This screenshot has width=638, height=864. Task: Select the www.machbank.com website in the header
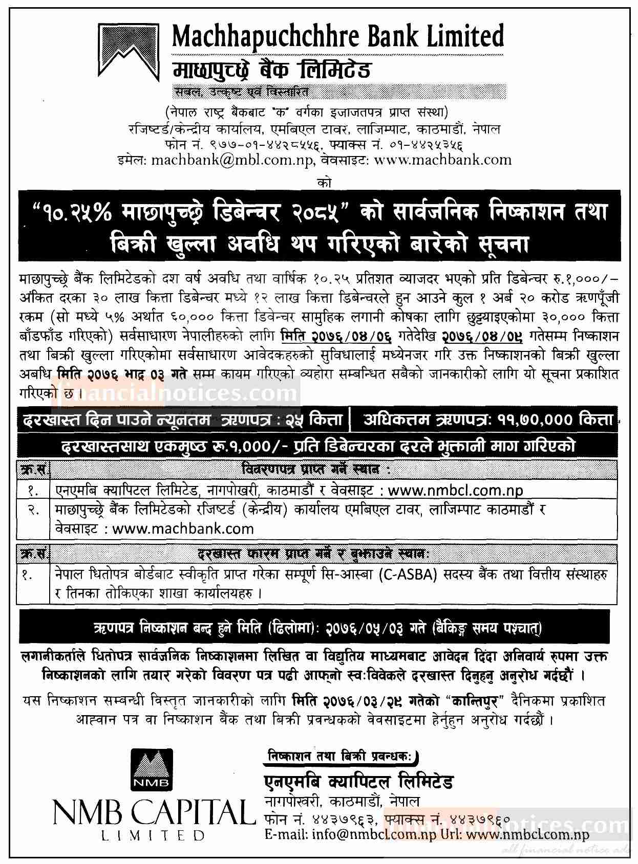coord(443,160)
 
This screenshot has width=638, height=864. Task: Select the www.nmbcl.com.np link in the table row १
coord(456,490)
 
